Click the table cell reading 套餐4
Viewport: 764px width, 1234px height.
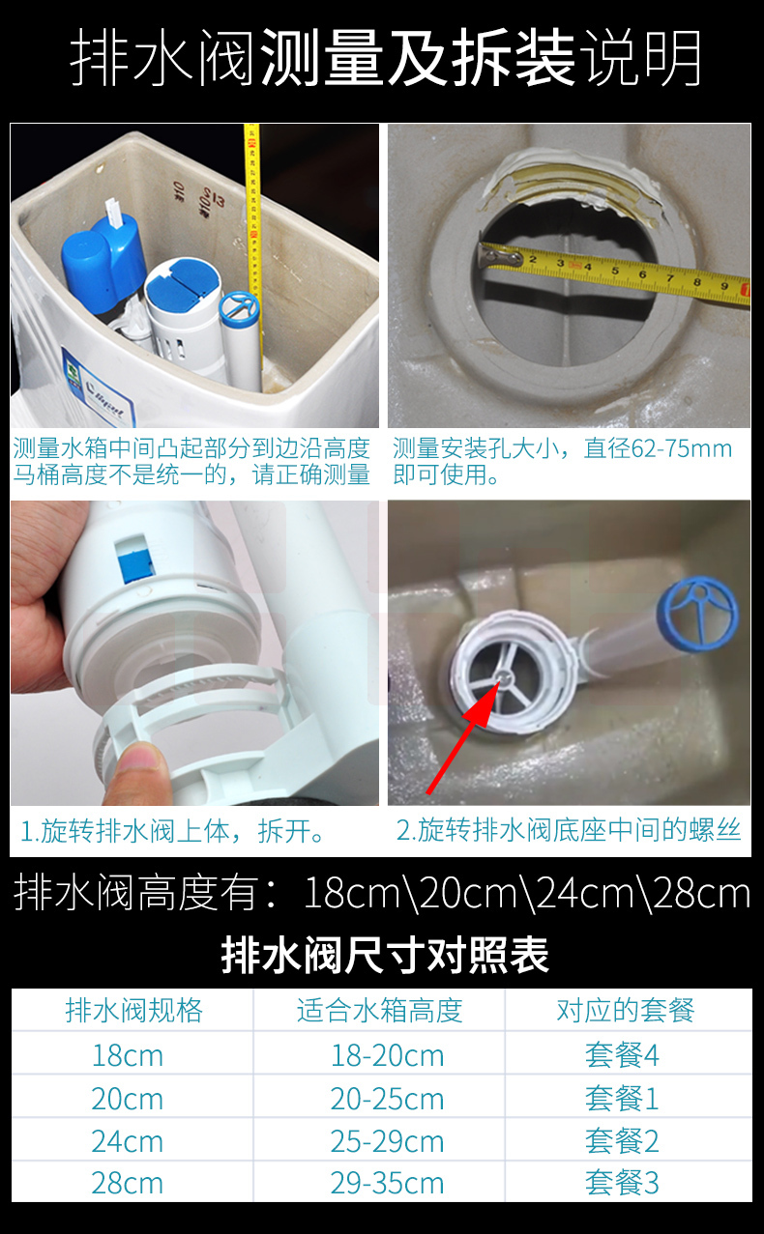[622, 1055]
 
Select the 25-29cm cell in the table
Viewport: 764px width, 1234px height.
[387, 1141]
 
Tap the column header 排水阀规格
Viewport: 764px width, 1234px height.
[134, 1011]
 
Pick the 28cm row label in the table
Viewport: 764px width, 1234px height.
[128, 1183]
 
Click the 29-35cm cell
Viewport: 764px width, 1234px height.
[387, 1183]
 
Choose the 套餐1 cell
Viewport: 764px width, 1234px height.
[622, 1099]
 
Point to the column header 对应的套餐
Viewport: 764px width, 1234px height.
[625, 1011]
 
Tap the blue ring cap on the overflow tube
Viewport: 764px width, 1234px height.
[697, 613]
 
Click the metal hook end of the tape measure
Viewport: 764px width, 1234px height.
[499, 257]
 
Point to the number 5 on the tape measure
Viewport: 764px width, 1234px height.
[615, 271]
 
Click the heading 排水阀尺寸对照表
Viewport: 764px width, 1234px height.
[385, 956]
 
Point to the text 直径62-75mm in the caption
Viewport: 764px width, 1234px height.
[659, 448]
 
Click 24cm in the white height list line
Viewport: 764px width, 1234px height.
[586, 894]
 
